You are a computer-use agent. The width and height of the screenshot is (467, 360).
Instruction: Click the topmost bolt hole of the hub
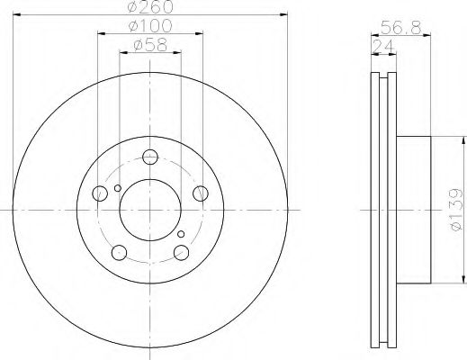149,155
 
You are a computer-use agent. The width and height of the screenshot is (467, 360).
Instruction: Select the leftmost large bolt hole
99,192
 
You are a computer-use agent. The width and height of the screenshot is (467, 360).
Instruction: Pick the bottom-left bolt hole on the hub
118,252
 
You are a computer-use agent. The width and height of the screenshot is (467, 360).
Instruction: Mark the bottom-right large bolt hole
183,251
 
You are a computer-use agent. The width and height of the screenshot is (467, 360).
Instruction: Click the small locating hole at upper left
117,188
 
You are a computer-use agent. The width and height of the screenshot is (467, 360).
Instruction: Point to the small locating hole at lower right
182,236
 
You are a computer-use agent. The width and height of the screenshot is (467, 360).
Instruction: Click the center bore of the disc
149,208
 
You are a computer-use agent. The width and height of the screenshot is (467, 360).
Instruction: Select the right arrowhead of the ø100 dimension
203,34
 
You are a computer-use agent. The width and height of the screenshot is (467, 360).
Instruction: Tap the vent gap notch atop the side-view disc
383,75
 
